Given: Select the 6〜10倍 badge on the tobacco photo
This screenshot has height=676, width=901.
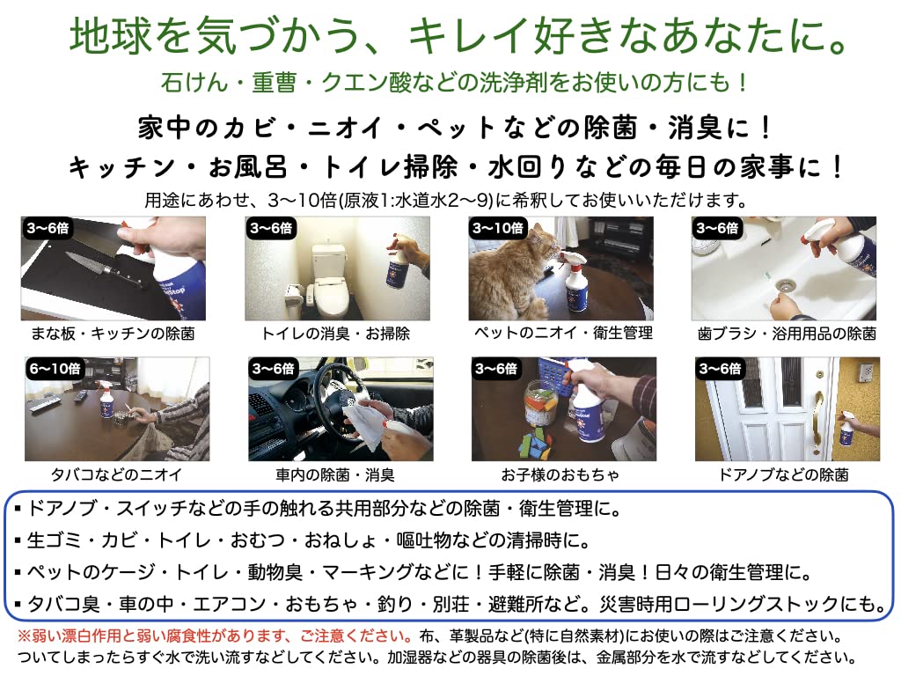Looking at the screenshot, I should tap(55, 368).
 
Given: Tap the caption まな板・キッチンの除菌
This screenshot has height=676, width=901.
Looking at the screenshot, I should tap(114, 334).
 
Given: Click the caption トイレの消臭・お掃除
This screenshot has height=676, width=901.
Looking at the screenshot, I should tap(336, 334).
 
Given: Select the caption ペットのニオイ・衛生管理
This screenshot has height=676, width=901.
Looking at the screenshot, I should tap(561, 333).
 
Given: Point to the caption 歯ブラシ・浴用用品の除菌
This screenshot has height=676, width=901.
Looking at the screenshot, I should tap(786, 334).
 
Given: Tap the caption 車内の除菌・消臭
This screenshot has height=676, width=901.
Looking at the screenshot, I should tap(336, 474).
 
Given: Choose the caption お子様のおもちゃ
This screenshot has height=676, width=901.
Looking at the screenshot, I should tap(561, 474).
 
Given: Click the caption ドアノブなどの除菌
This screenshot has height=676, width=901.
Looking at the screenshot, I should tap(786, 474).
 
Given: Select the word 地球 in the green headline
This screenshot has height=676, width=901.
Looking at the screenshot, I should tap(98, 36).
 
